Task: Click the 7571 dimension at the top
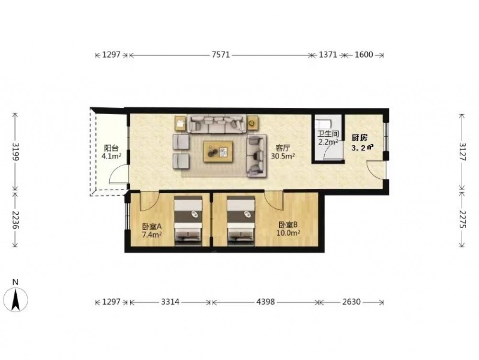[x=220, y=55]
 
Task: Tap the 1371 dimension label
[x=328, y=55]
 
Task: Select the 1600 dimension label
[x=364, y=55]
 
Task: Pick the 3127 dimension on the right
[x=462, y=152]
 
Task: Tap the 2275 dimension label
[x=462, y=220]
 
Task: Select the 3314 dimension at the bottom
[x=170, y=302]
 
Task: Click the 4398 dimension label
[x=265, y=302]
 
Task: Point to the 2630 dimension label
[x=351, y=302]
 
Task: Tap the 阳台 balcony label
[x=111, y=149]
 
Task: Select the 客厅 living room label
[x=283, y=149]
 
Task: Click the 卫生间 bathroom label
[x=328, y=134]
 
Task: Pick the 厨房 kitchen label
[x=360, y=138]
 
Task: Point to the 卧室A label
[x=152, y=227]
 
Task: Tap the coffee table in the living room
[x=218, y=151]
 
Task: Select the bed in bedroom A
[x=188, y=221]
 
